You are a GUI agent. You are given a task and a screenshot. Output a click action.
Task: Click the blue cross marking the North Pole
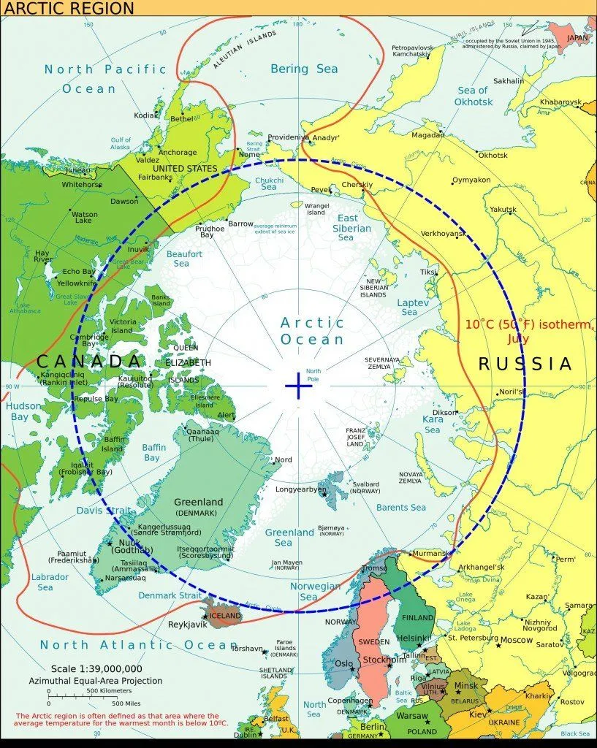298,385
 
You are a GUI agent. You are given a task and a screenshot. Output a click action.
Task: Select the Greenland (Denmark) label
198,507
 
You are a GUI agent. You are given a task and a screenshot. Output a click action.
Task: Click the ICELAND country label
225,616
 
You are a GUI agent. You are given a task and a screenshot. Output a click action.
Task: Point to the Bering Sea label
304,69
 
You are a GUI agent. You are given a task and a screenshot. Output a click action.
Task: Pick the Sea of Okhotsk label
474,96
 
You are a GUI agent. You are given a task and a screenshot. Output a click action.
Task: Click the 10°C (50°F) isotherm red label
528,331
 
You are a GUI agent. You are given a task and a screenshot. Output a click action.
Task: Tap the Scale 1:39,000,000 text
96,668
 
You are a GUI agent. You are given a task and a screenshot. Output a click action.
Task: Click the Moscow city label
517,640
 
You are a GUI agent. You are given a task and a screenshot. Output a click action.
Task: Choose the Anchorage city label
178,153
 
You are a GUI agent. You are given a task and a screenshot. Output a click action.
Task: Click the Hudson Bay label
19,411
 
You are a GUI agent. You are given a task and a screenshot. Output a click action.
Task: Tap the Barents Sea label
400,507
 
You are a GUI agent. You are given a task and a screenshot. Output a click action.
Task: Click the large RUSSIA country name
525,364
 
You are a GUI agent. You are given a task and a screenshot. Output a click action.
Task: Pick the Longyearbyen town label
300,489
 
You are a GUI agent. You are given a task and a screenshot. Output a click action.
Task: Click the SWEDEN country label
373,641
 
